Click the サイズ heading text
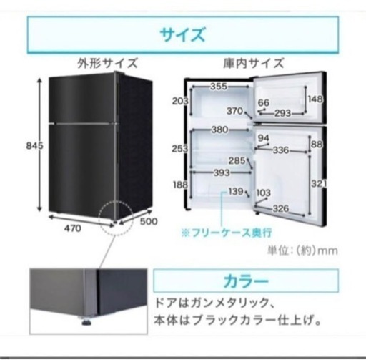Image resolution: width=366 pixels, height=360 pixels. (x=182, y=35)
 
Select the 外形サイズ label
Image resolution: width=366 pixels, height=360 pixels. (x=108, y=64)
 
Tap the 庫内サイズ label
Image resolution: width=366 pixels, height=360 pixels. (x=254, y=64)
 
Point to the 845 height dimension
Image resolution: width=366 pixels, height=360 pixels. (x=35, y=145)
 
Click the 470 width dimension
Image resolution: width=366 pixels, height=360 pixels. (x=73, y=228)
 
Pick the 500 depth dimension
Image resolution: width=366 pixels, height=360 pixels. (x=149, y=221)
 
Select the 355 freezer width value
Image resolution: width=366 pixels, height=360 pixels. (x=219, y=87)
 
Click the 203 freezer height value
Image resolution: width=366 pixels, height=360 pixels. (x=180, y=102)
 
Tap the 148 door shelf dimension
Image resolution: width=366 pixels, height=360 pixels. (x=315, y=99)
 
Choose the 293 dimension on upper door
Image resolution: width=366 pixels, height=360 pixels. (x=283, y=113)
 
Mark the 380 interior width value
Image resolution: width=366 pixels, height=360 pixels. (x=220, y=130)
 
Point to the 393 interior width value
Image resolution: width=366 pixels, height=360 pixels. (x=222, y=172)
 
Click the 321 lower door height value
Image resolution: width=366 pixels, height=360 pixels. (x=319, y=184)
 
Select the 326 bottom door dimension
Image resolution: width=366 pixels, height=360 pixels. (x=281, y=209)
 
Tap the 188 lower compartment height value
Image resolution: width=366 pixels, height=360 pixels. (x=180, y=185)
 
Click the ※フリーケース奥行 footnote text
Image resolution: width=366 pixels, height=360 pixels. (x=227, y=233)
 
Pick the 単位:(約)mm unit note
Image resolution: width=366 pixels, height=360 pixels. (x=302, y=250)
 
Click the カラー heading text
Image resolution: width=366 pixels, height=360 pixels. (x=246, y=281)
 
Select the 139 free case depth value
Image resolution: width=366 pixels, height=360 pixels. (x=236, y=191)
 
